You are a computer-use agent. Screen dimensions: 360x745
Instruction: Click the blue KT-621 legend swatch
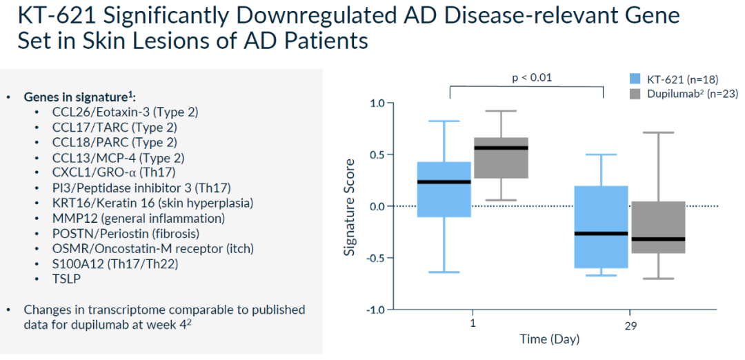635,78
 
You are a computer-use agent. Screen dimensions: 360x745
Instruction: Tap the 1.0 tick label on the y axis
376,103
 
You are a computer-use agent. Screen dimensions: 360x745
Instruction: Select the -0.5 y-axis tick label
374,258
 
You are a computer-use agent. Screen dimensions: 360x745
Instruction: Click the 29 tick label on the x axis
629,324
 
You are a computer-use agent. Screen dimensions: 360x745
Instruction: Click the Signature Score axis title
350,206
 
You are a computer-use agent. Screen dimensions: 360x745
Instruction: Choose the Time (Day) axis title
550,339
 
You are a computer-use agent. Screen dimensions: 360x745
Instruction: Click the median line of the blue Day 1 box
445,182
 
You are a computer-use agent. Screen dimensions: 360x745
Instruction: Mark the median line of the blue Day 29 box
602,233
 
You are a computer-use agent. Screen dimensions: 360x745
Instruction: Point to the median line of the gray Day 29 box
658,239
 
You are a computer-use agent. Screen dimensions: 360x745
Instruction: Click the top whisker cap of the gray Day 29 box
658,132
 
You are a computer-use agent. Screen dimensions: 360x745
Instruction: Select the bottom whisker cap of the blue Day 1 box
445,272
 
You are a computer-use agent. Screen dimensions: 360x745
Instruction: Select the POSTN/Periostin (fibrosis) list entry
126,233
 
